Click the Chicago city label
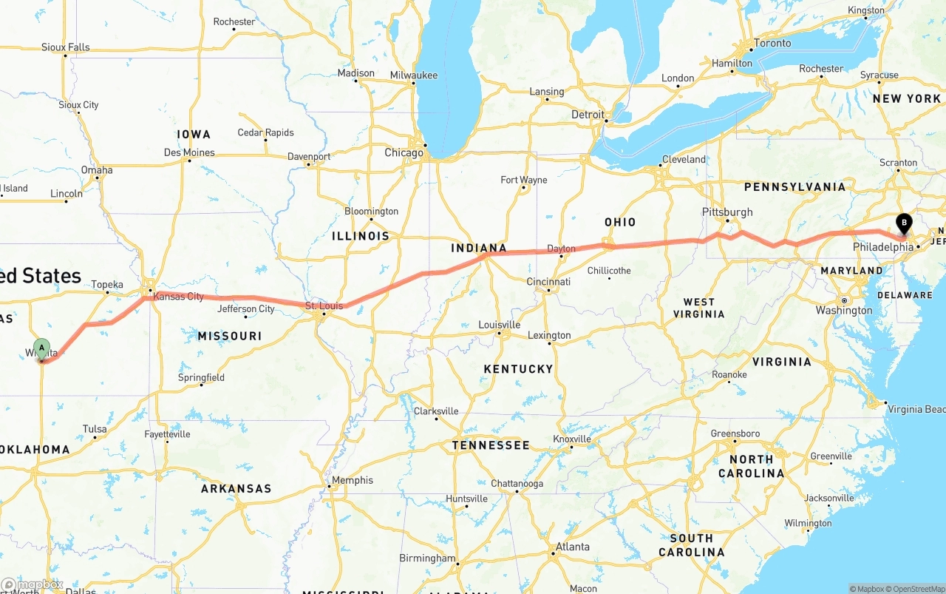tap(404, 153)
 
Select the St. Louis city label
tap(324, 306)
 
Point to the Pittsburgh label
tap(727, 212)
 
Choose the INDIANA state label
tap(479, 249)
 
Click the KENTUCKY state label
tap(518, 369)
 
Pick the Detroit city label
tap(588, 115)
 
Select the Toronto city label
tap(772, 43)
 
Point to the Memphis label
tap(353, 480)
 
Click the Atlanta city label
tap(573, 547)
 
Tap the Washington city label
tap(844, 311)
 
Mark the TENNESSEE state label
tap(491, 445)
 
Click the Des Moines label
tap(189, 153)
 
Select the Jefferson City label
tap(246, 309)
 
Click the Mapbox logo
tap(33, 584)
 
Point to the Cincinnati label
tap(548, 282)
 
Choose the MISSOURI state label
tap(230, 336)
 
